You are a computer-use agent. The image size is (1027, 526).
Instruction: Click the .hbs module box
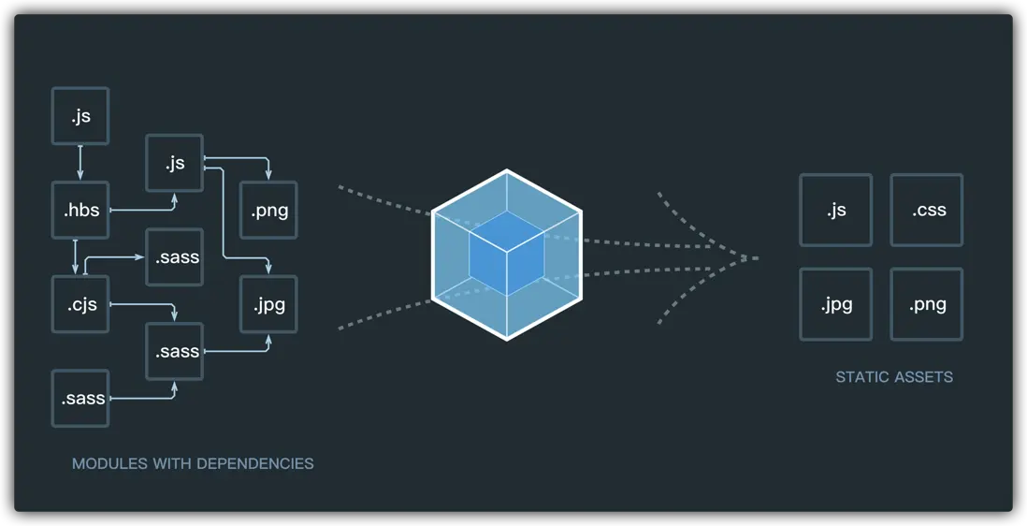pos(80,211)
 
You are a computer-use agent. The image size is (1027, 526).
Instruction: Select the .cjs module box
pos(80,304)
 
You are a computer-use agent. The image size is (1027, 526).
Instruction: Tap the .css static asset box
pos(926,211)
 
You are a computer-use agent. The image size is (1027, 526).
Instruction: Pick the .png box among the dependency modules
pos(268,211)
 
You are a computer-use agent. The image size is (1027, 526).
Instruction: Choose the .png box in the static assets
pos(926,304)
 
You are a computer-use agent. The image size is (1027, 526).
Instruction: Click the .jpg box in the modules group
pos(268,304)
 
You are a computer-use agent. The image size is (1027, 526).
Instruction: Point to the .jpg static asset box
pos(835,304)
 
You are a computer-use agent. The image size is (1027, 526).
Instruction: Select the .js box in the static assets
pos(835,211)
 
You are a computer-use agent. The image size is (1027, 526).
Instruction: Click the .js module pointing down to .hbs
pos(80,116)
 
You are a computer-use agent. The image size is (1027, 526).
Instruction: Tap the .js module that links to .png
pos(174,163)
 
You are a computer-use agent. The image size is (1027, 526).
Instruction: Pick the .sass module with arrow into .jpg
pos(174,351)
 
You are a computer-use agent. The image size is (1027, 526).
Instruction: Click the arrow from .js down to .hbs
pos(80,163)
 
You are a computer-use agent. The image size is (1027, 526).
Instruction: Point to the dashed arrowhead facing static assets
pos(739,257)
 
